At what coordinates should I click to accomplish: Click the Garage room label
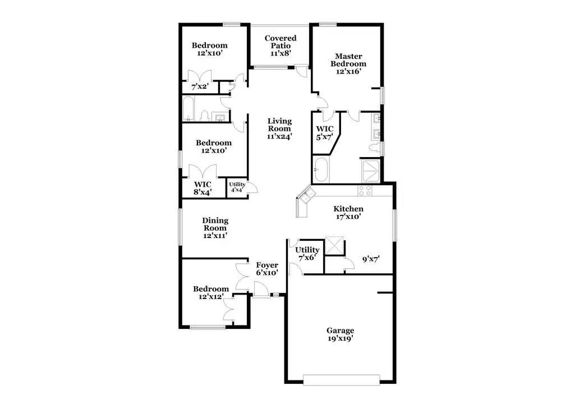pos(341,334)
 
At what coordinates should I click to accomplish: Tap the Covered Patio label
pos(280,45)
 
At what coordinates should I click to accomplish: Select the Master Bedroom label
pos(348,63)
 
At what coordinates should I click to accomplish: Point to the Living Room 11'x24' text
pos(279,128)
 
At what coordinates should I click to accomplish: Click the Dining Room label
pos(215,228)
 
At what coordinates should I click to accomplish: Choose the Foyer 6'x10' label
pos(267,269)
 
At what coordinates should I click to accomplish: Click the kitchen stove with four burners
pos(365,190)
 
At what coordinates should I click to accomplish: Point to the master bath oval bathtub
pos(321,169)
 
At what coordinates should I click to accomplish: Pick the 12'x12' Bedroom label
pos(211,292)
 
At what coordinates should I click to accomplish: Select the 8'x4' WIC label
pos(203,188)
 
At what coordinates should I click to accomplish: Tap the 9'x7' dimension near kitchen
pos(371,259)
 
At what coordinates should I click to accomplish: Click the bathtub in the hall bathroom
pos(189,109)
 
